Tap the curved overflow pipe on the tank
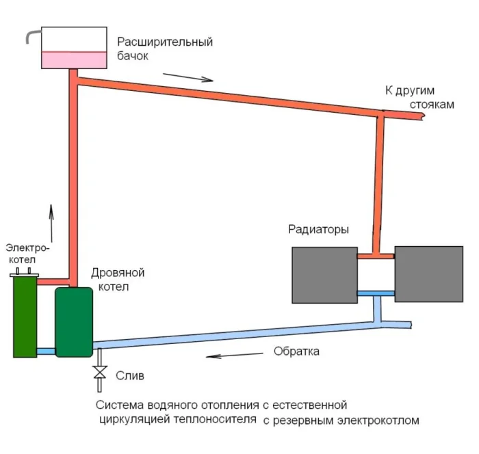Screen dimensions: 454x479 [30, 36]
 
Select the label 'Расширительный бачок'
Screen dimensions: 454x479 [164, 49]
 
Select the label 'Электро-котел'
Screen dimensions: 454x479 [26, 254]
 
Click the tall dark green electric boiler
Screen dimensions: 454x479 [25, 317]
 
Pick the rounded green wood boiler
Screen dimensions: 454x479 [74, 321]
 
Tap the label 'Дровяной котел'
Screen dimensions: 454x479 [117, 280]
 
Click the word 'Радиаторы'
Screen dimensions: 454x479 [319, 230]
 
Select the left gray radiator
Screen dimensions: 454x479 [324, 275]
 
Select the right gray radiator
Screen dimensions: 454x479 [429, 275]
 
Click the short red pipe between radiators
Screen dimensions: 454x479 [376, 256]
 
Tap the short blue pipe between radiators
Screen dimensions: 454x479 [376, 293]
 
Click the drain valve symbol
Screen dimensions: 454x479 [100, 372]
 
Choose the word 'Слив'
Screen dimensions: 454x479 [129, 376]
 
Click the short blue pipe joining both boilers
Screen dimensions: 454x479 [45, 351]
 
